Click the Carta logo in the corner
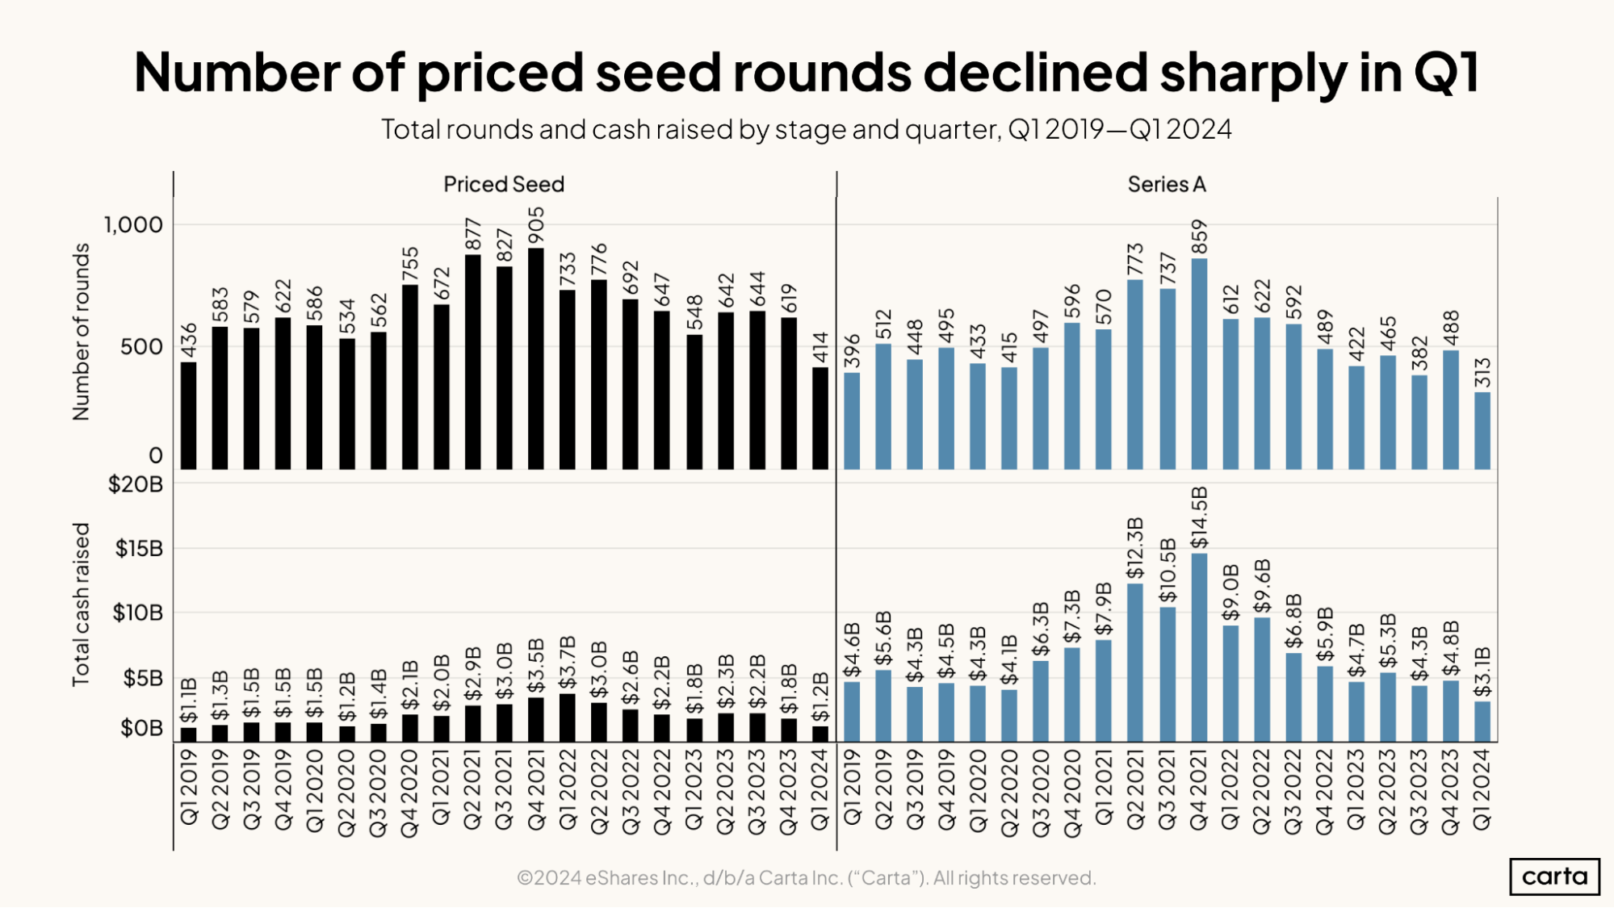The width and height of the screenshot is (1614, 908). (x=1553, y=876)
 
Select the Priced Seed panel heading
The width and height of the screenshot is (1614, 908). (x=504, y=184)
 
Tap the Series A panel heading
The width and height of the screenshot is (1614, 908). (x=1167, y=184)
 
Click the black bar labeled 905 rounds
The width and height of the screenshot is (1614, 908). (x=536, y=359)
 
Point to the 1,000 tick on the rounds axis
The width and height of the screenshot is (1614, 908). (x=133, y=224)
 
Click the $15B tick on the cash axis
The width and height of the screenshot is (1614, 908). (x=139, y=549)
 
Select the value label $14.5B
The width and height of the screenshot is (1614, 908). (x=1199, y=517)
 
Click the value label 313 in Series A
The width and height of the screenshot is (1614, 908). (x=1482, y=373)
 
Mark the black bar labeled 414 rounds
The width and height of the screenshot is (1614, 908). (x=820, y=418)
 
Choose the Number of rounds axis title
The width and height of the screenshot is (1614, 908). (x=81, y=332)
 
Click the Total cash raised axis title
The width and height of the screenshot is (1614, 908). (x=81, y=605)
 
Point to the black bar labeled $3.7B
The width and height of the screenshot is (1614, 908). (x=568, y=718)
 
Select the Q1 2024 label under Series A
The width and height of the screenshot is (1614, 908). (x=1482, y=789)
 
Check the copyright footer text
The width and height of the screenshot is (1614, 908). (x=806, y=877)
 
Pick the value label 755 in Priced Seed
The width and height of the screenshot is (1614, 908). (x=410, y=264)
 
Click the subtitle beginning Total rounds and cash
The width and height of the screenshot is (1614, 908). (x=806, y=129)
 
